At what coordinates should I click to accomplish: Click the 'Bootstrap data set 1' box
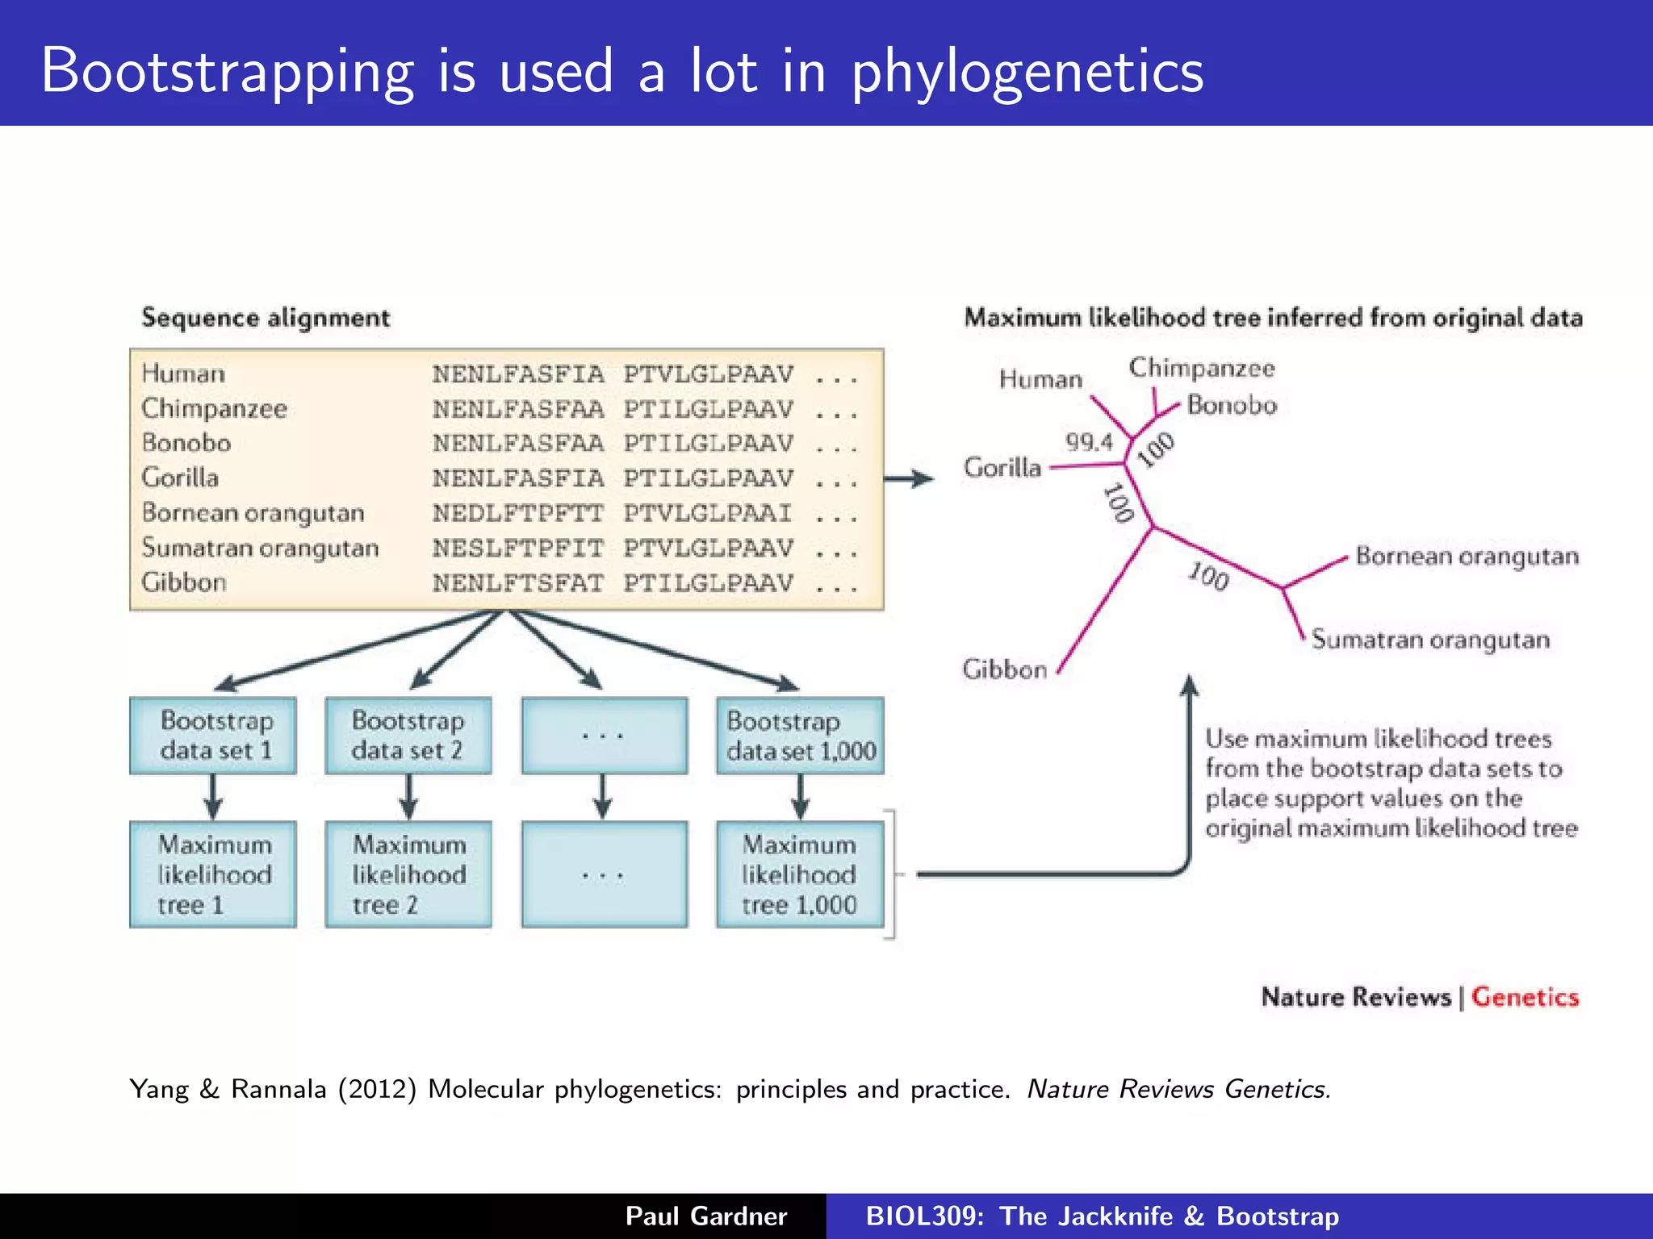point(213,736)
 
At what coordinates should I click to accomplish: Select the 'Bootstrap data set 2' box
point(408,736)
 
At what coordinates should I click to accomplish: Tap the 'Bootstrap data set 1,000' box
point(800,736)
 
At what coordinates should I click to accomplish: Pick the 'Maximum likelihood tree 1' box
point(213,874)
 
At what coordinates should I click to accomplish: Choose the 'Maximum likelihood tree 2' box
point(408,874)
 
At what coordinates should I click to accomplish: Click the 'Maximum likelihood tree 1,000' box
point(800,874)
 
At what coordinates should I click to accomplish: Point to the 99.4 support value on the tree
point(1089,442)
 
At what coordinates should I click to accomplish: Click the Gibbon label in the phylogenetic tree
point(1004,669)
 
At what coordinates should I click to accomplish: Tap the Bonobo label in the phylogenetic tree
point(1232,405)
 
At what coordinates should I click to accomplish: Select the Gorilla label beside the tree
point(1002,467)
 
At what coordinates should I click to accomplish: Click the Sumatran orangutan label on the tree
point(1430,640)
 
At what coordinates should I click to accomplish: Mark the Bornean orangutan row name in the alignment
point(253,513)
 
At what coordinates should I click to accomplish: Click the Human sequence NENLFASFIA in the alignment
point(518,374)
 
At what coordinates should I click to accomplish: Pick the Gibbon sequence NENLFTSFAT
point(518,582)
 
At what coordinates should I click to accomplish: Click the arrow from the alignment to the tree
point(909,479)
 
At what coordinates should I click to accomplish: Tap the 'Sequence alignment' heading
point(266,318)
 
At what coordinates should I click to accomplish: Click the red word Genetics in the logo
point(1525,997)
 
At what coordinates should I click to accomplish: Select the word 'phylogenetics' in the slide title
point(1027,71)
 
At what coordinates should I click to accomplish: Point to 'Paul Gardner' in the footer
point(706,1216)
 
